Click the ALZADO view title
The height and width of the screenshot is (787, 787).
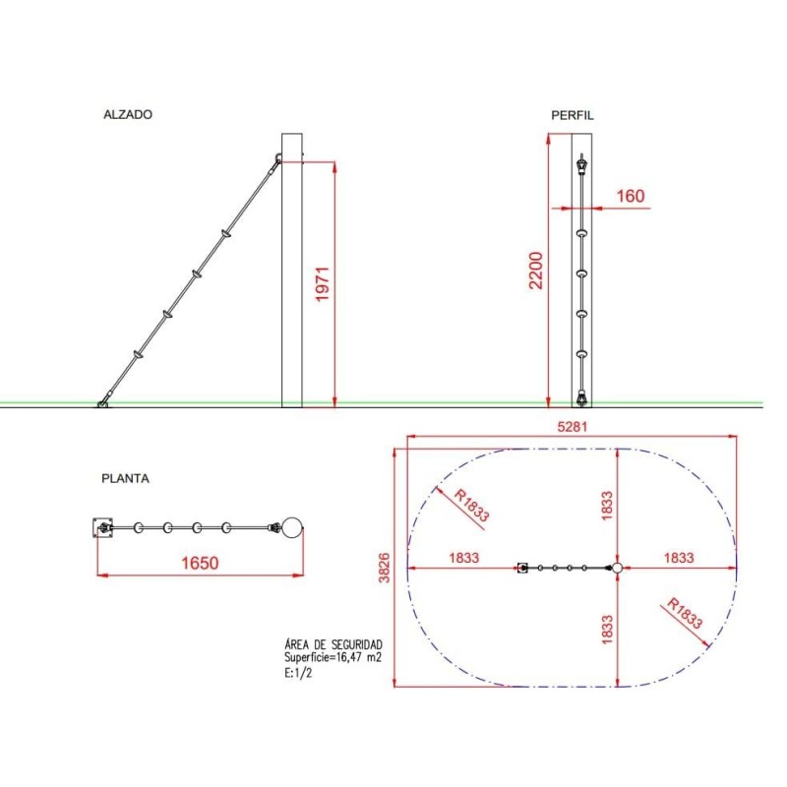point(128,114)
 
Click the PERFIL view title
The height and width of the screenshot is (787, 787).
point(573,115)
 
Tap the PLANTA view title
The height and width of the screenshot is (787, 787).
point(126,478)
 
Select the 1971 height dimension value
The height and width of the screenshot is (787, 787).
point(322,284)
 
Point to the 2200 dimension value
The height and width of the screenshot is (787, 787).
point(536,271)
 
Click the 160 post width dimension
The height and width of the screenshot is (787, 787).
point(631,195)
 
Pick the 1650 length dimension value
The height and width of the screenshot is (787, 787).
point(200,563)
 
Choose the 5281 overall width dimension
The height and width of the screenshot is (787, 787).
point(573,427)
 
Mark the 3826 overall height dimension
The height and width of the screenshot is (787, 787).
point(384,568)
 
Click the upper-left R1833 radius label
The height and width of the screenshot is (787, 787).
point(471,506)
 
